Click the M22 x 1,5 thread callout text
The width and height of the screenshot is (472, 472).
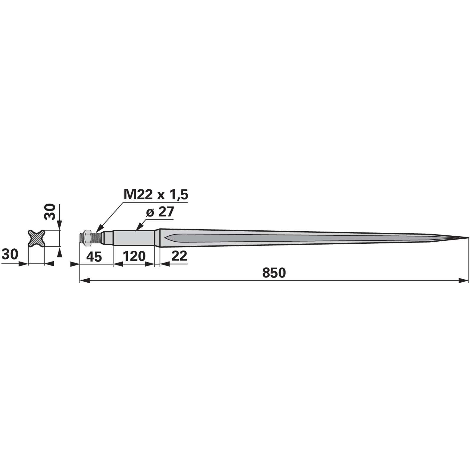pos(156,195)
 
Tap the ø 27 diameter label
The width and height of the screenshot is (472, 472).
pos(160,212)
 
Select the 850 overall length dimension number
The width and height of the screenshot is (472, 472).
pos(274,273)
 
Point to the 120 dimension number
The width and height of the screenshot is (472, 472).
pos(134,256)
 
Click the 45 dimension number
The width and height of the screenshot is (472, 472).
pos(94,257)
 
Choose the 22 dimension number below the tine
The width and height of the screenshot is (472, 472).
pos(179,256)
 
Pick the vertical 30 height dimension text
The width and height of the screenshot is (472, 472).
pos(50,212)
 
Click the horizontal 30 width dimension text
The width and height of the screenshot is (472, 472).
pos(10,254)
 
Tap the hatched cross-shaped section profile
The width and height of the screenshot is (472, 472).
pos(37,238)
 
